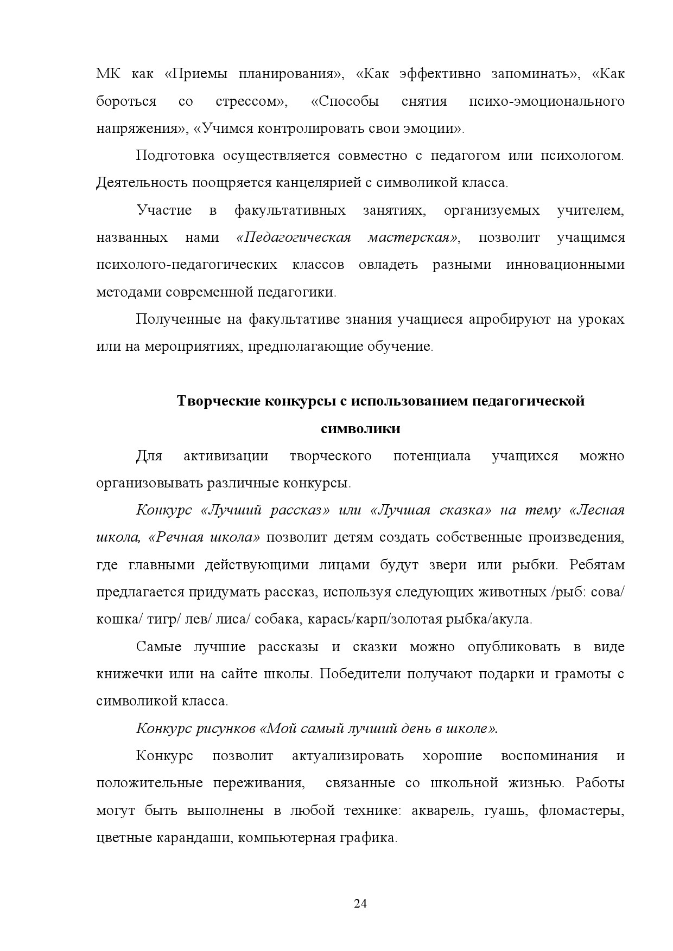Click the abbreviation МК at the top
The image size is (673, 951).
tap(108, 74)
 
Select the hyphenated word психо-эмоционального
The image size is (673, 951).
tap(546, 101)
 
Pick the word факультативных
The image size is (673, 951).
tap(290, 210)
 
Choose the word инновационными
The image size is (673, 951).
tap(565, 265)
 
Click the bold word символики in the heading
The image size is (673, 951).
tap(360, 429)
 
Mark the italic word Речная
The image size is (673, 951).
tap(179, 537)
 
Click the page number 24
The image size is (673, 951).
tap(360, 903)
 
